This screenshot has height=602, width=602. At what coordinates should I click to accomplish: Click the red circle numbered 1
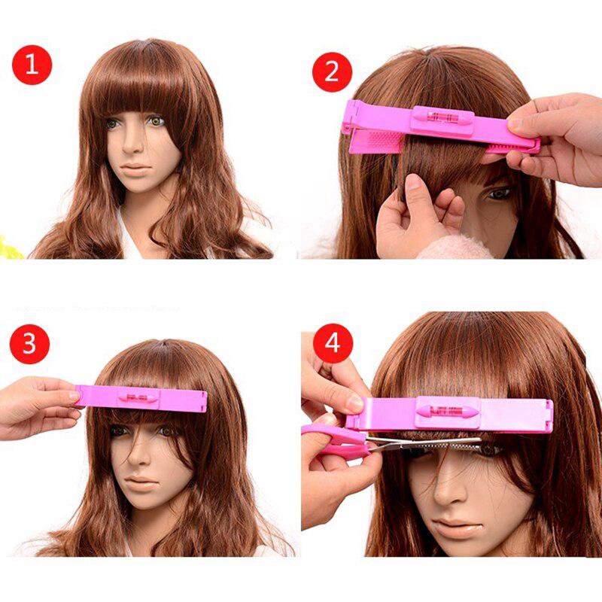coord(32,65)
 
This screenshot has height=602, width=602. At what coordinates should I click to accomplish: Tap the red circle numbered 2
coord(332,71)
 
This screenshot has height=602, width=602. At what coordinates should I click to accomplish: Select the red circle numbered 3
coord(29,344)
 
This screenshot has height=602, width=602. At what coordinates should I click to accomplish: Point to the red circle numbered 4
coord(333,343)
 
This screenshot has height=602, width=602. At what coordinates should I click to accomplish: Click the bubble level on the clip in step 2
coord(443,117)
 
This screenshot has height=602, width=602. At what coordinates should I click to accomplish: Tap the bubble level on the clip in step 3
coord(138,397)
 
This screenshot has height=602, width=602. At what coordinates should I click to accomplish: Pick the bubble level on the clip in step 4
coord(448,412)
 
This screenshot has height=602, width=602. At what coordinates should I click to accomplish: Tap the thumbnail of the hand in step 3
coord(74,396)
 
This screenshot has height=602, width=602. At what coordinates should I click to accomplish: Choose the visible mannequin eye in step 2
coord(499,193)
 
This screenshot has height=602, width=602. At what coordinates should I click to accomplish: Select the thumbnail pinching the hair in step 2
coord(412,181)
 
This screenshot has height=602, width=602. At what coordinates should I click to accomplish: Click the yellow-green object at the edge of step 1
coord(8,247)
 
